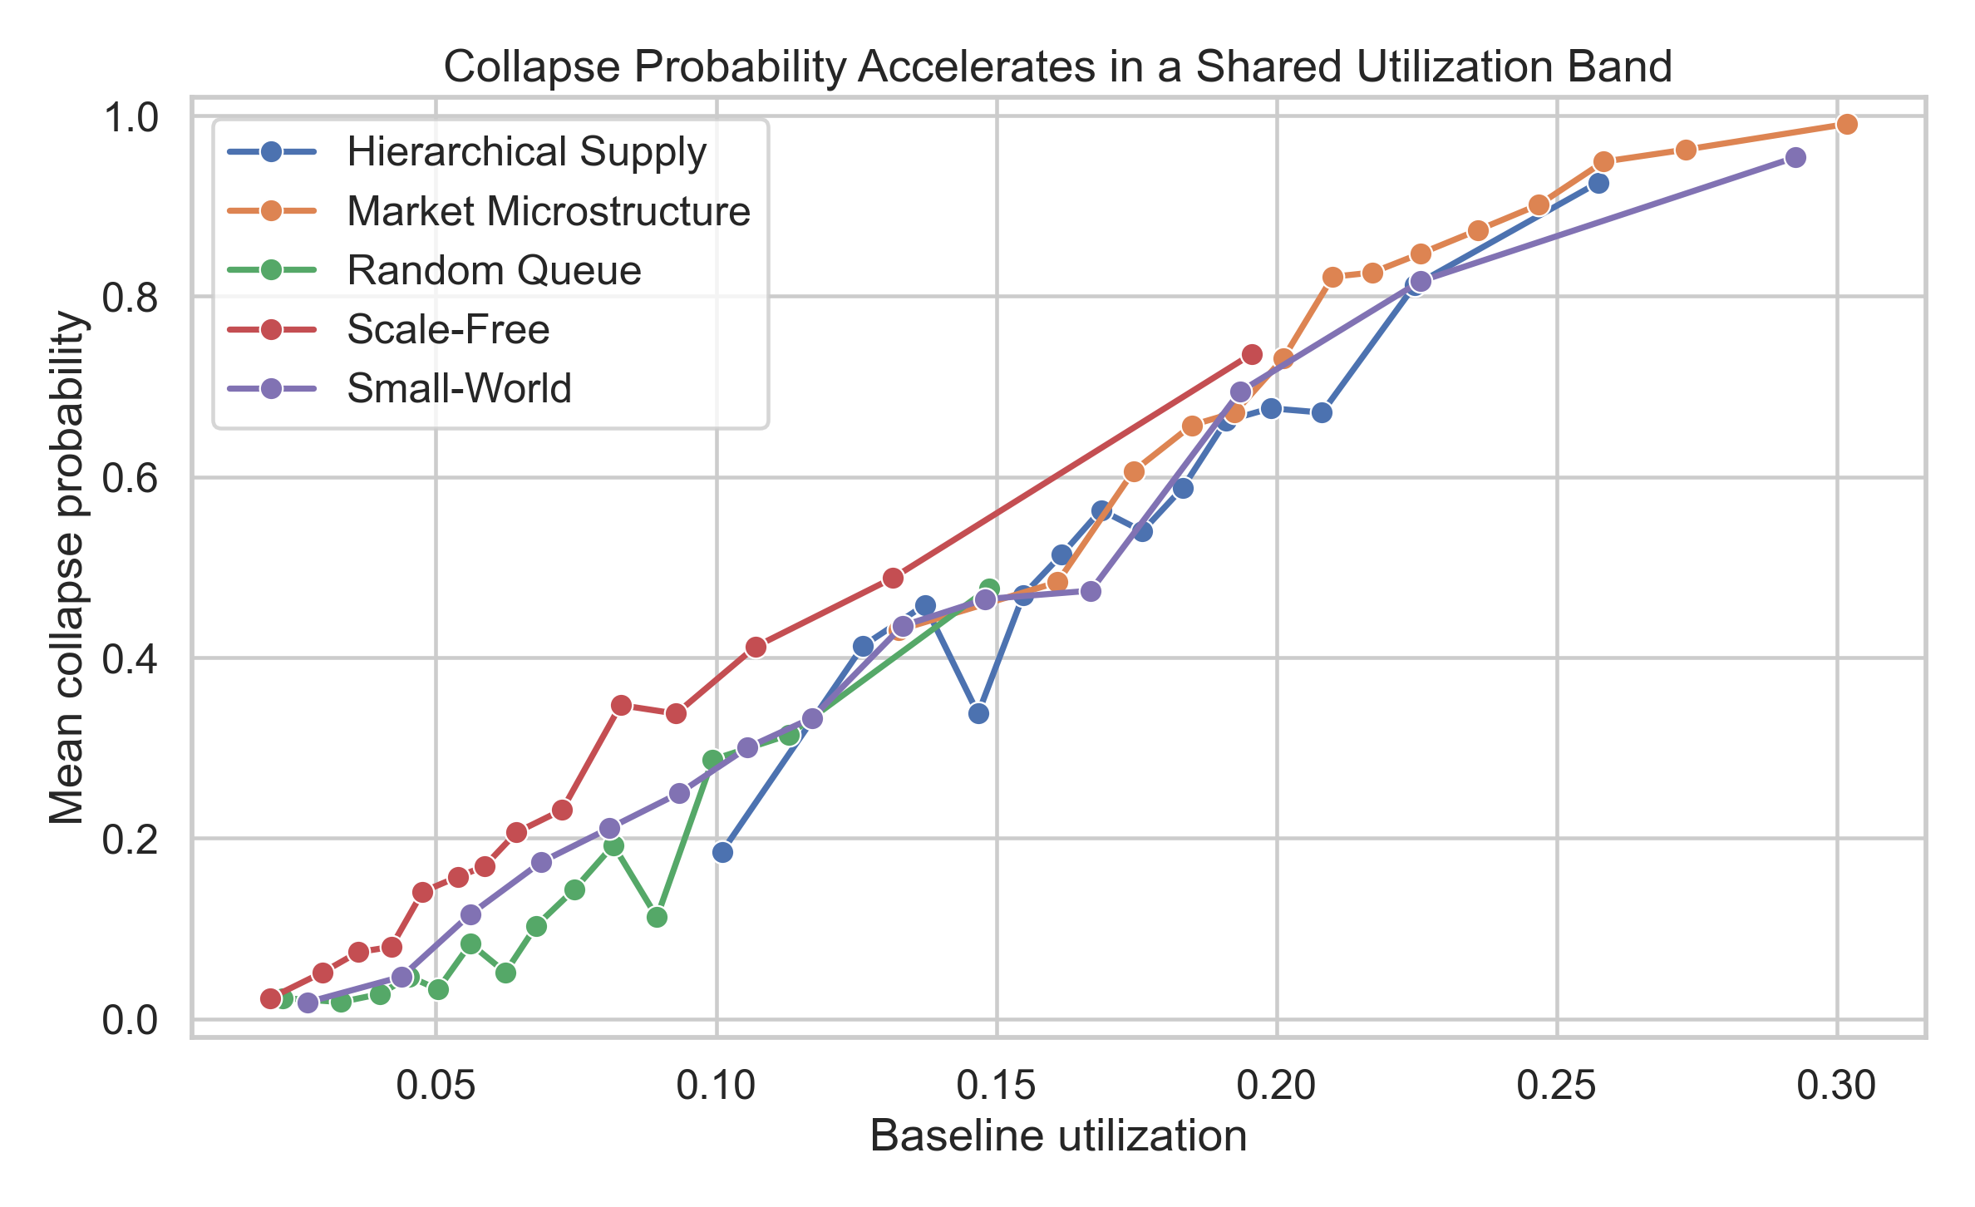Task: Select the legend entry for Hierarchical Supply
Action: pos(526,152)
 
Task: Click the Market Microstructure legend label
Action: pos(548,211)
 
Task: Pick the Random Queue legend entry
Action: pos(494,271)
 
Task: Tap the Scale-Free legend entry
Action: pos(448,330)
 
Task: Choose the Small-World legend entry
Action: pos(459,389)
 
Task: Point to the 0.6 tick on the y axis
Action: pos(131,478)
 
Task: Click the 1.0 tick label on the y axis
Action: pos(131,118)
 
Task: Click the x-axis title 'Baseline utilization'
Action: pos(1058,1136)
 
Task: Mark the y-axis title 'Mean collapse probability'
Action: pos(67,568)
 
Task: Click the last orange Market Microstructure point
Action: pos(1847,125)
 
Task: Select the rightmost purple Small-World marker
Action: pos(1795,158)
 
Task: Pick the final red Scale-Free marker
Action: pos(1252,355)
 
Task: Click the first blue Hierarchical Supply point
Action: pos(722,852)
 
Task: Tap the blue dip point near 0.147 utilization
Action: pos(978,713)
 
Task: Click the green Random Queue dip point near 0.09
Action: pos(657,917)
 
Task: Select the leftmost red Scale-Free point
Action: pos(270,998)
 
